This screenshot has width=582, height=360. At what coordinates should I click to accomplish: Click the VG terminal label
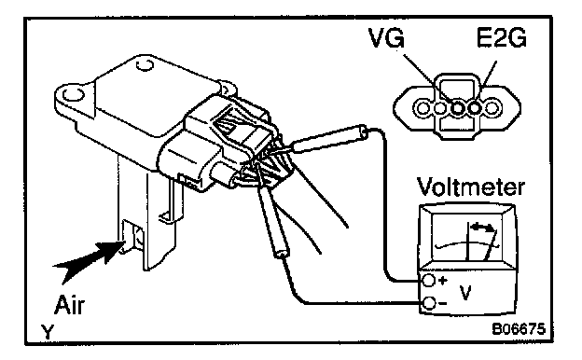[386, 37]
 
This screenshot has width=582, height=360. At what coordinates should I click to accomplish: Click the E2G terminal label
[502, 37]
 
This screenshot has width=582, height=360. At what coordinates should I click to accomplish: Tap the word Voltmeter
[471, 187]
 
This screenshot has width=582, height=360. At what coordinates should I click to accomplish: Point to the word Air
[69, 305]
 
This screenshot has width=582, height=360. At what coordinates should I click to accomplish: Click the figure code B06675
[519, 329]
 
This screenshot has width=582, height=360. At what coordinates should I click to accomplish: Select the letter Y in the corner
[48, 331]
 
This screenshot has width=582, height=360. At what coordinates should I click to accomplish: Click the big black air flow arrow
[88, 258]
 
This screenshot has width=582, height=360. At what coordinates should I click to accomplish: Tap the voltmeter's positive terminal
[429, 281]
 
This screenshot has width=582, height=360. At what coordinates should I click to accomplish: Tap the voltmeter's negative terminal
[429, 304]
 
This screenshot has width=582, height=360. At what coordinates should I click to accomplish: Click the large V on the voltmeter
[465, 293]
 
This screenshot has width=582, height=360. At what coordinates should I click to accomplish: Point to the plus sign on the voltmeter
[442, 280]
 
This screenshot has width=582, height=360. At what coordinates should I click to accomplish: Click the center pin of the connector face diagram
[457, 108]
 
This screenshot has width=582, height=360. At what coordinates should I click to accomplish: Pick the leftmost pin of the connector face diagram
[423, 108]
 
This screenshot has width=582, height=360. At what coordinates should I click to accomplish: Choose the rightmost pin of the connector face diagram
[492, 108]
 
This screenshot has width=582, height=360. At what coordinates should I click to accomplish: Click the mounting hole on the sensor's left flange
[71, 94]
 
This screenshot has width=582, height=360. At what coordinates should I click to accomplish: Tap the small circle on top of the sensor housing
[145, 65]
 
